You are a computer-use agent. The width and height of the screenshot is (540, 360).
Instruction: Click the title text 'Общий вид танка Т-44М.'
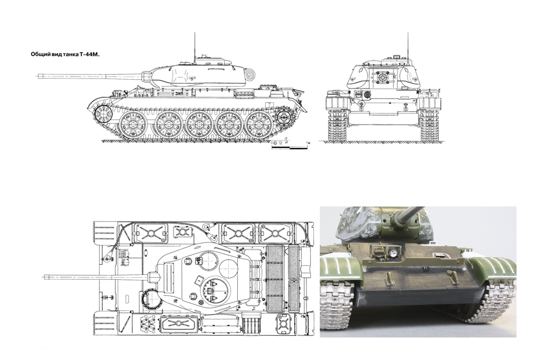click(x=65, y=54)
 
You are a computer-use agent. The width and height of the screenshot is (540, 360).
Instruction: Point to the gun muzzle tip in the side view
click(x=38, y=76)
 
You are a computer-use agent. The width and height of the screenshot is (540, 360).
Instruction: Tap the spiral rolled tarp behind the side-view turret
click(x=250, y=74)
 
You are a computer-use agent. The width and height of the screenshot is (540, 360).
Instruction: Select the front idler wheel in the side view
click(x=103, y=114)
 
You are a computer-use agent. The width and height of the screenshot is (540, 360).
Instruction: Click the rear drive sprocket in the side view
click(x=284, y=118)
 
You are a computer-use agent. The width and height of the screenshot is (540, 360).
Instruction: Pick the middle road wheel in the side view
click(x=199, y=124)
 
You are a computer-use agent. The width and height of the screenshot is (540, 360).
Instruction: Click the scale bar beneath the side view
click(x=290, y=148)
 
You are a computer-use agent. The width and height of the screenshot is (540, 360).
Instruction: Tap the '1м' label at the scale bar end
click(x=308, y=142)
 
